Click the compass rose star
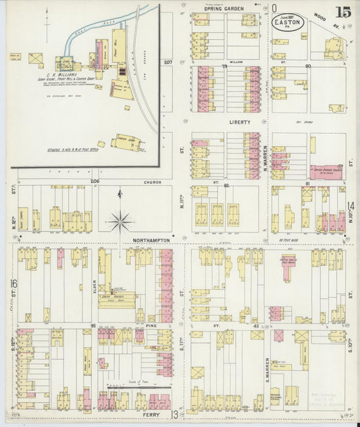pos(120,220)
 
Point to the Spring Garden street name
pos(225,9)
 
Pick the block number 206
pos(95,182)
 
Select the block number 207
pos(168,63)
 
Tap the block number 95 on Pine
pos(92,326)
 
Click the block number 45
pos(255,326)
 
